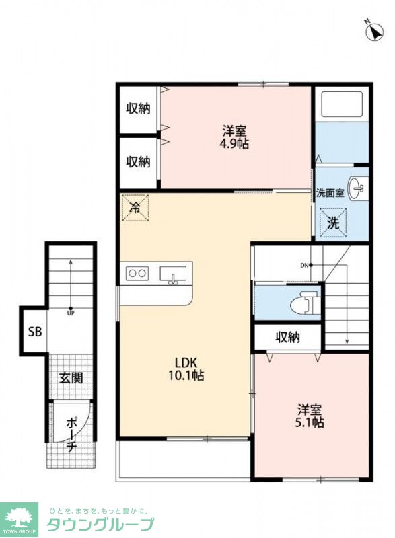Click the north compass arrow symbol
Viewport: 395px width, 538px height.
(x=374, y=32)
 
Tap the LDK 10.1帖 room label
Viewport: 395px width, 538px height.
(x=186, y=369)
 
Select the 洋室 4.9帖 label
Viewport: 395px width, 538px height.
(x=234, y=137)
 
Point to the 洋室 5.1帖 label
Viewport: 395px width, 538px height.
(x=310, y=416)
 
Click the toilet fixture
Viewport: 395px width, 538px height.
(x=305, y=302)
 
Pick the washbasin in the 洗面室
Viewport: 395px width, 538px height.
(x=357, y=188)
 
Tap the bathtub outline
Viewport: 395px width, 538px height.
(x=341, y=104)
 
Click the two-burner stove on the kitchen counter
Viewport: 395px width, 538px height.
(x=137, y=274)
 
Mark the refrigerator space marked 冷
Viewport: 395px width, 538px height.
(x=135, y=207)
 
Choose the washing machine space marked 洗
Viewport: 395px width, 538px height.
(x=333, y=223)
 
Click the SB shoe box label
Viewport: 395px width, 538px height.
(x=35, y=332)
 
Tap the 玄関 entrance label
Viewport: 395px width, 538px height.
(x=71, y=378)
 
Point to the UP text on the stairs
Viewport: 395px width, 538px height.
(x=71, y=313)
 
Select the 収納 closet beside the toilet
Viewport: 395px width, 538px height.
(x=287, y=338)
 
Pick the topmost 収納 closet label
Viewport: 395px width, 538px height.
(x=138, y=108)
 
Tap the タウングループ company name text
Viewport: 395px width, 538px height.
(x=100, y=525)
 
